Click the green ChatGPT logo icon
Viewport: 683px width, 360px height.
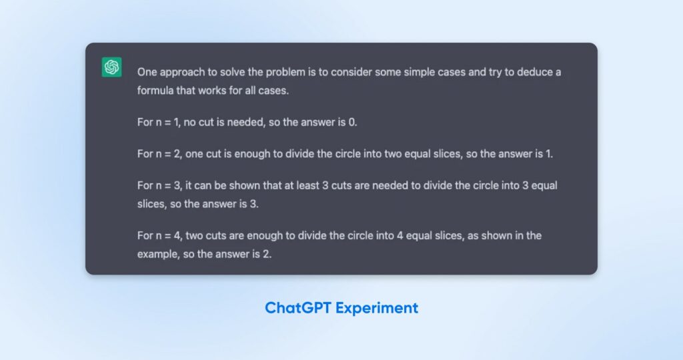click(111, 67)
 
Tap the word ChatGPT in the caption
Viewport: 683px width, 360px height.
click(298, 308)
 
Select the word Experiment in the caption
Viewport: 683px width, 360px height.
click(377, 308)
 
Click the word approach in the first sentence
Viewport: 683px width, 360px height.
click(182, 72)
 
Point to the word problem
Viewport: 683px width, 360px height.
click(285, 72)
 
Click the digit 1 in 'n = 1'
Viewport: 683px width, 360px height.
click(176, 122)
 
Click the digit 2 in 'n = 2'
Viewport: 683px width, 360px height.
click(177, 154)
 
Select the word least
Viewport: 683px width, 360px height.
click(307, 185)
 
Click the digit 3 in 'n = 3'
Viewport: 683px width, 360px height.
click(177, 186)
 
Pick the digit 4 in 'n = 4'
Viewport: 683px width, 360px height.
click(177, 236)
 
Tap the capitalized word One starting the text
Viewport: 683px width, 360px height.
click(147, 72)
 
